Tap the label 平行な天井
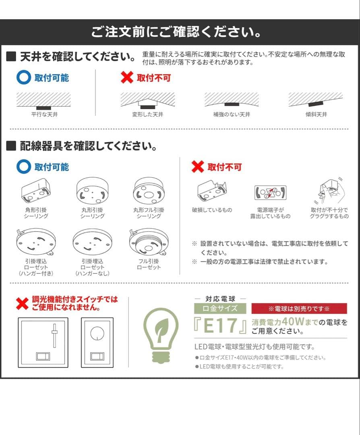pyautogui.click(x=44, y=114)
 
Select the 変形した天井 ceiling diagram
pyautogui.click(x=148, y=100)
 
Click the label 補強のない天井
pyautogui.click(x=232, y=114)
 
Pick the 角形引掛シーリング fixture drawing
pyautogui.click(x=36, y=192)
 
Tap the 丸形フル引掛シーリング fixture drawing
pyautogui.click(x=149, y=192)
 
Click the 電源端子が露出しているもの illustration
pyautogui.click(x=270, y=193)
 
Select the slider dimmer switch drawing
pyautogui.click(x=43, y=342)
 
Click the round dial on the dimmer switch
pyautogui.click(x=97, y=333)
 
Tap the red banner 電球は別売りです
pyautogui.click(x=299, y=309)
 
